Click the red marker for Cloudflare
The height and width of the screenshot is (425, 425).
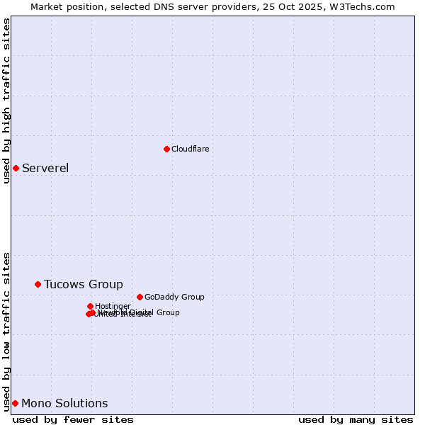tap(166, 149)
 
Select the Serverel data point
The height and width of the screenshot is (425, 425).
tap(16, 168)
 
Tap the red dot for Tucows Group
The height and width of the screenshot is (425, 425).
tap(38, 284)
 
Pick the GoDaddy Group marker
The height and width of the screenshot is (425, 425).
tap(140, 297)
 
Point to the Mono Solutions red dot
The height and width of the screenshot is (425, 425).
tap(15, 403)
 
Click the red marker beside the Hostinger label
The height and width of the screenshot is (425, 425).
tap(90, 306)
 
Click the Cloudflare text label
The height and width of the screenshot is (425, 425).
tap(190, 149)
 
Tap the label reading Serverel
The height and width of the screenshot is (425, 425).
tap(45, 168)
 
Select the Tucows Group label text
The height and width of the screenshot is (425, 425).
tap(83, 284)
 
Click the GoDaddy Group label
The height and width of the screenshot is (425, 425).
tap(174, 297)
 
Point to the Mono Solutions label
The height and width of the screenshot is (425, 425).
tap(64, 403)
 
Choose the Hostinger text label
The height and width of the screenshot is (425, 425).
tap(113, 306)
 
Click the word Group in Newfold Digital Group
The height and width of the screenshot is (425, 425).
tap(167, 312)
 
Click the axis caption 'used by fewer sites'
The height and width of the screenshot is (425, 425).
tap(73, 419)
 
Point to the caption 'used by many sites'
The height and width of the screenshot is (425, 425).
tap(356, 419)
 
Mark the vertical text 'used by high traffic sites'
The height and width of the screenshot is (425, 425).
tap(6, 101)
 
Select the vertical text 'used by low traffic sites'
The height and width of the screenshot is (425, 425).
tap(6, 331)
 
